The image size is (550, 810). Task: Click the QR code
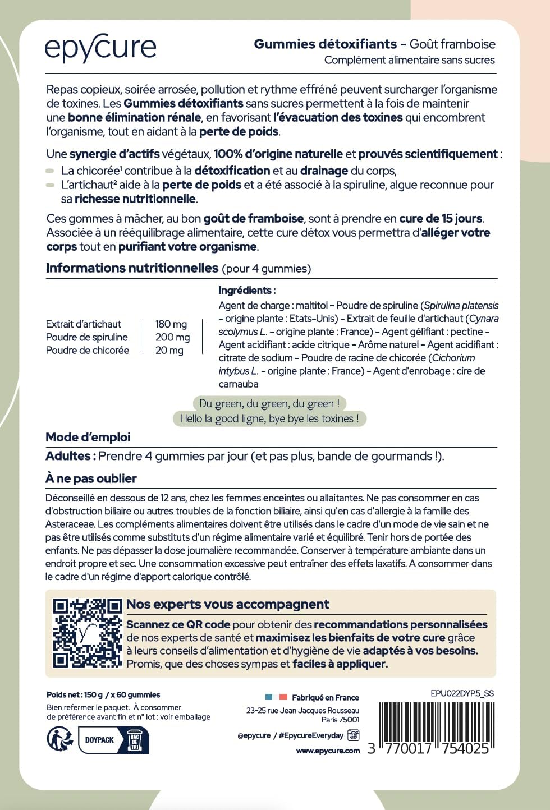[x=87, y=633]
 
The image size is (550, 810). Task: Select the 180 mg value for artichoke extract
[x=171, y=324]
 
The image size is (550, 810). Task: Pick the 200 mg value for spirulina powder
[x=172, y=337]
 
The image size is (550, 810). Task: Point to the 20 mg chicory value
[x=169, y=351]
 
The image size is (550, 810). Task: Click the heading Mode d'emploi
[x=88, y=437]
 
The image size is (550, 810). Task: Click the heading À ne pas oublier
[x=91, y=478]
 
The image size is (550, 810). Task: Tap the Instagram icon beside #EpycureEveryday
[x=354, y=735]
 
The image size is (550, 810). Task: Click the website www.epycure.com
[x=328, y=751]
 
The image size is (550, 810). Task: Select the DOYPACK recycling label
[x=100, y=740]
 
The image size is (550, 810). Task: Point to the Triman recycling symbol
[x=59, y=739]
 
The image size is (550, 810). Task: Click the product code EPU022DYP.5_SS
[x=462, y=693]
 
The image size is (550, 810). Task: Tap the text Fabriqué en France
[x=325, y=698]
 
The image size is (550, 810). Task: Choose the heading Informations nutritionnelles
[x=132, y=268]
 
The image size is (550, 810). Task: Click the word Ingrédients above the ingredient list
[x=246, y=291]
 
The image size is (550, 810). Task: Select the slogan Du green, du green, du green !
[x=269, y=403]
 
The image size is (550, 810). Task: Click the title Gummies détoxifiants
[x=325, y=44]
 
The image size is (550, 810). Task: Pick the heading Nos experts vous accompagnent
[x=227, y=604]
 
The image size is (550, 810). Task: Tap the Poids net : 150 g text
[x=71, y=694]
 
